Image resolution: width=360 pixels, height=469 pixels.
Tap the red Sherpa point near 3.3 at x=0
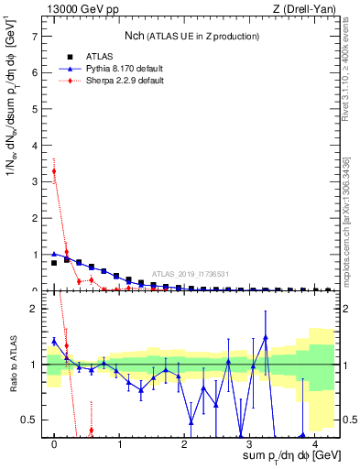[54, 171]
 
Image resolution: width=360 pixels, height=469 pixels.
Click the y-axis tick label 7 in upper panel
[35, 37]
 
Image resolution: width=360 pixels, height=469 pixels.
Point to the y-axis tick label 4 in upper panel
[35, 146]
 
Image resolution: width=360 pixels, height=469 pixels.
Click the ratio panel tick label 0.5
[29, 420]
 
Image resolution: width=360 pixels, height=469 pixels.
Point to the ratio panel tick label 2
[35, 309]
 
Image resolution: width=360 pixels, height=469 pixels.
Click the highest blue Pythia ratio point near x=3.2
[266, 337]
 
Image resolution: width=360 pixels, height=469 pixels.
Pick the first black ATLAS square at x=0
[54, 263]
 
